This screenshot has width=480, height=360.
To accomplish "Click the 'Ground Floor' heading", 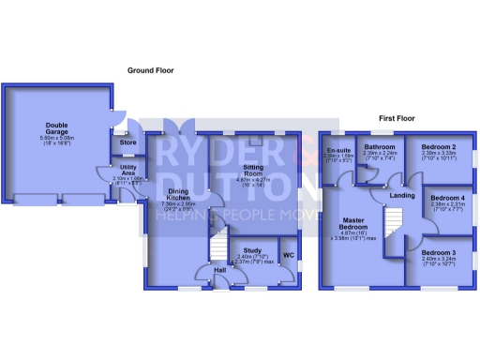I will (x=154, y=69).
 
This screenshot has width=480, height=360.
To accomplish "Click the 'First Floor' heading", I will (x=397, y=120).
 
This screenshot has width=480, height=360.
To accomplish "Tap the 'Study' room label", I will (x=251, y=250).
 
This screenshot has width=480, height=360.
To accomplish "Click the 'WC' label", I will (x=289, y=255).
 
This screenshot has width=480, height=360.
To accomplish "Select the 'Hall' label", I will (x=219, y=270).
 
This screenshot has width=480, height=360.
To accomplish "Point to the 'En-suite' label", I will (x=338, y=151).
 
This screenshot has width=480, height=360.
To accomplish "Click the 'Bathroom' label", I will (x=380, y=147).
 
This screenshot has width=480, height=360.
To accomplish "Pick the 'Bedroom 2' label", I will (x=437, y=148).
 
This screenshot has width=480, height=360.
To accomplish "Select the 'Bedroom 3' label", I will (x=437, y=253).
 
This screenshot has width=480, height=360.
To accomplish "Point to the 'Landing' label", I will (x=403, y=195).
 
